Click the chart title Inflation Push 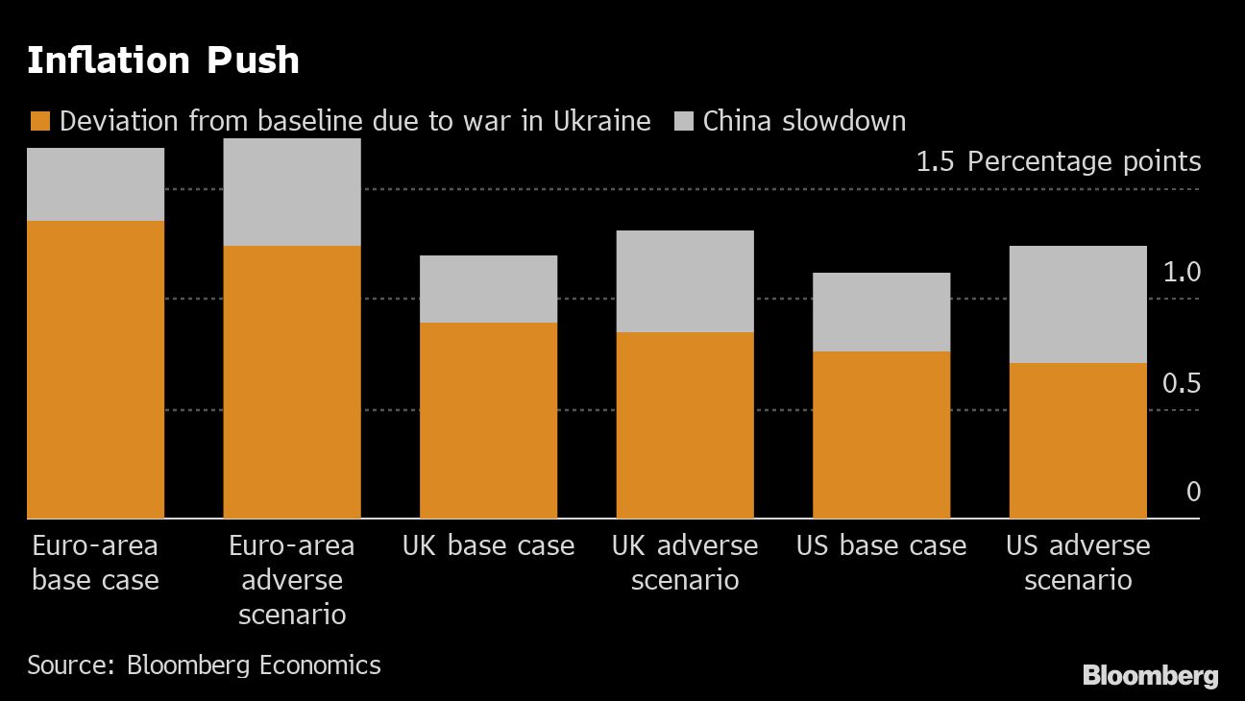[162, 60]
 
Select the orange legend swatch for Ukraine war [38, 121]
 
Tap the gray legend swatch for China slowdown [683, 121]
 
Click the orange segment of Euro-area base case [95, 370]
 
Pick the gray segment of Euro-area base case [95, 184]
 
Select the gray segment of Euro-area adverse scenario [292, 192]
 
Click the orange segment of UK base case [488, 421]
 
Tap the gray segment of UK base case [488, 289]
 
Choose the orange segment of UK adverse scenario [685, 425]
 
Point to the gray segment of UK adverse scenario [685, 281]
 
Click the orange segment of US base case [881, 435]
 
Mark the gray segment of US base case [881, 312]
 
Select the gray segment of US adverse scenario [1078, 304]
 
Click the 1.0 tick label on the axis [1182, 273]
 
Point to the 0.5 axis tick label [1182, 383]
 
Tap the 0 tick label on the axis [1194, 493]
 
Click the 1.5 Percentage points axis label [1058, 161]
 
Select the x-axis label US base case [881, 546]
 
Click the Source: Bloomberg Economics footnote [204, 665]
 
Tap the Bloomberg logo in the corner [1150, 675]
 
